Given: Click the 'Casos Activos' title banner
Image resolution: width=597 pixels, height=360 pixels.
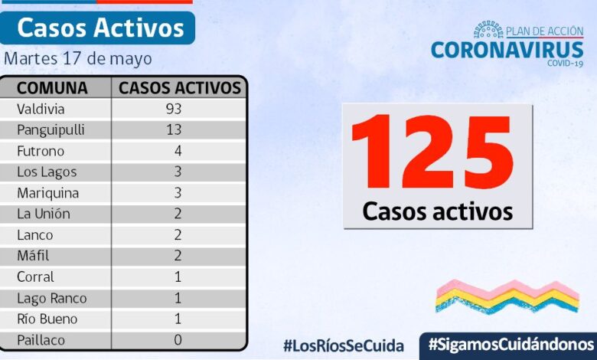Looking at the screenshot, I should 100,28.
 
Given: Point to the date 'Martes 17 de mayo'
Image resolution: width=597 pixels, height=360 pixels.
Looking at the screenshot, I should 78,59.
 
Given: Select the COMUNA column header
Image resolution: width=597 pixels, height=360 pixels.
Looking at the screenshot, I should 52,87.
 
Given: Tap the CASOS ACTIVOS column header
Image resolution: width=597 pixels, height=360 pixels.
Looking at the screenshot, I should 180,87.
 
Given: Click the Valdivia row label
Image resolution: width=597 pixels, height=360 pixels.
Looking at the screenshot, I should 41,109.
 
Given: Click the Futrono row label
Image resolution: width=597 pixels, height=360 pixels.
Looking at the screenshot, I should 41,151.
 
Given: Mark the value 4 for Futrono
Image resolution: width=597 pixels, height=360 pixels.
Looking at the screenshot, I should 178,151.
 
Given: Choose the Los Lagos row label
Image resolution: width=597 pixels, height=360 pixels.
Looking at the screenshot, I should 46,172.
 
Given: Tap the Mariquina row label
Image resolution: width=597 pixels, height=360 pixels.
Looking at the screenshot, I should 47,193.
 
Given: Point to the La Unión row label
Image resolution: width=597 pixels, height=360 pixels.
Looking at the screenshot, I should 44,214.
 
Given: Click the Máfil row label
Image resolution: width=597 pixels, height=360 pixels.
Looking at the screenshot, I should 33,256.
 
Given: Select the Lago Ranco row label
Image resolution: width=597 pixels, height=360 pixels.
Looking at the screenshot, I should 51,298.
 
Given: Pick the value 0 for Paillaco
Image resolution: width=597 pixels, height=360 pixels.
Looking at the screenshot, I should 178,340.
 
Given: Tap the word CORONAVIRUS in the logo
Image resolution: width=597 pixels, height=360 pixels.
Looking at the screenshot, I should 507,50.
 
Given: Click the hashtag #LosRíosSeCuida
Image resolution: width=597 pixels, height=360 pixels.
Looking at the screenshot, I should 343,345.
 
